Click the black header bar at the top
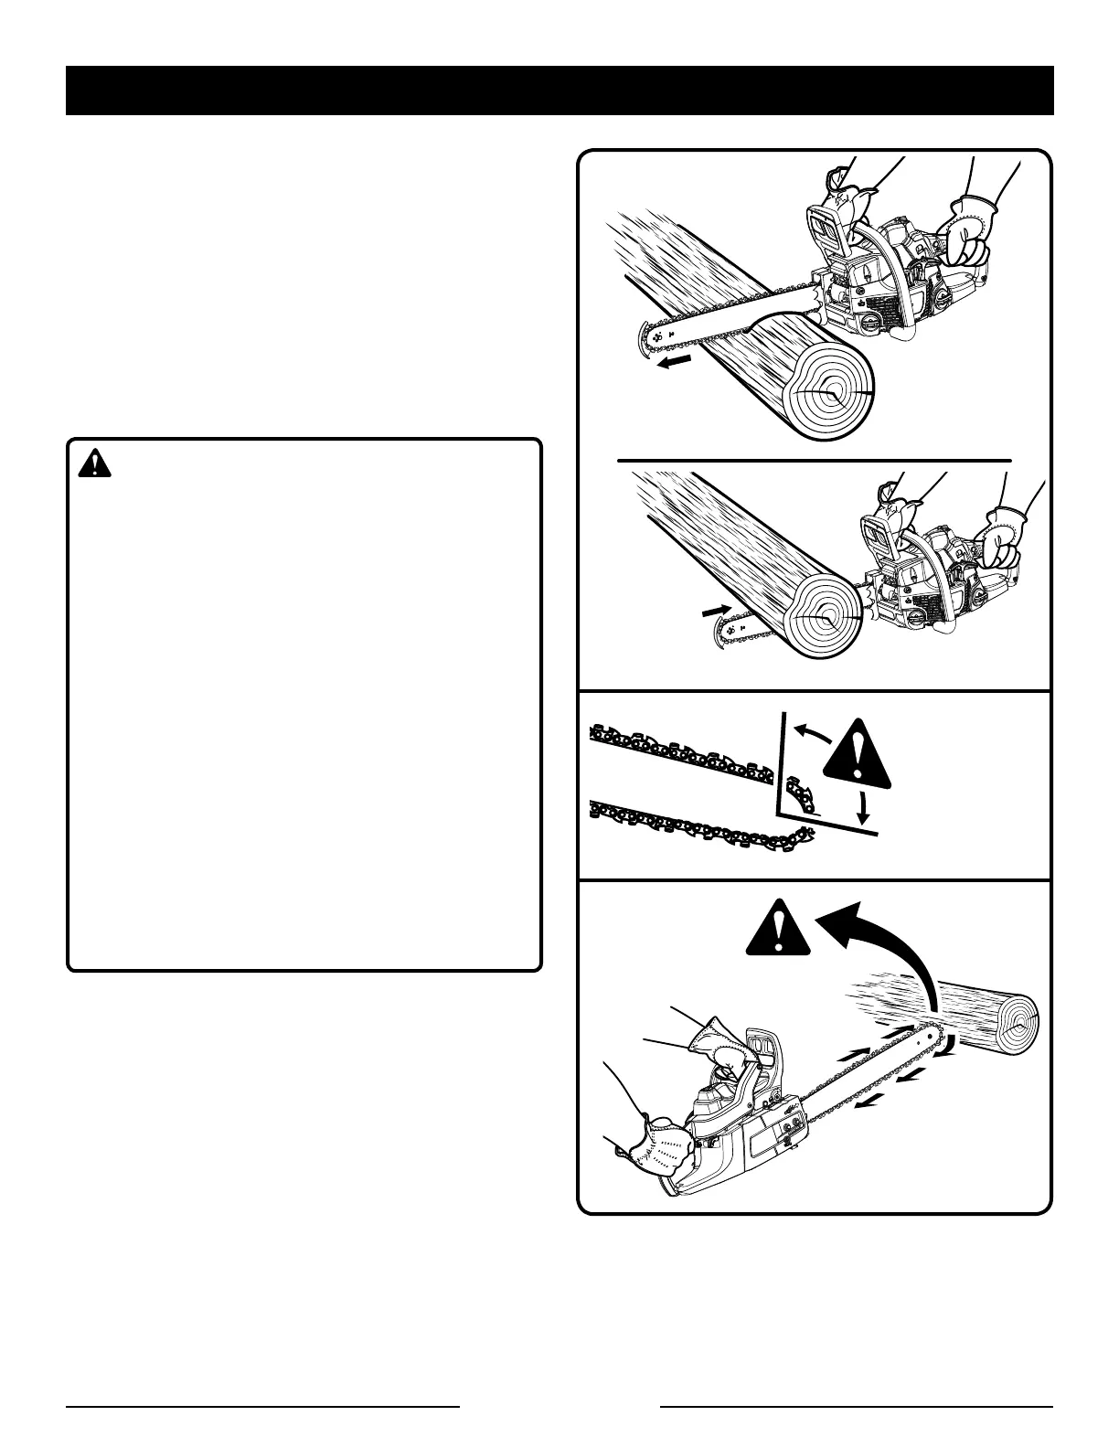(559, 90)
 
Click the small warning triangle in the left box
(94, 464)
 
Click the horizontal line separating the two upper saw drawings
(814, 460)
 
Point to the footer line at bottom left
(262, 1405)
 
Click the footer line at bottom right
(857, 1405)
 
